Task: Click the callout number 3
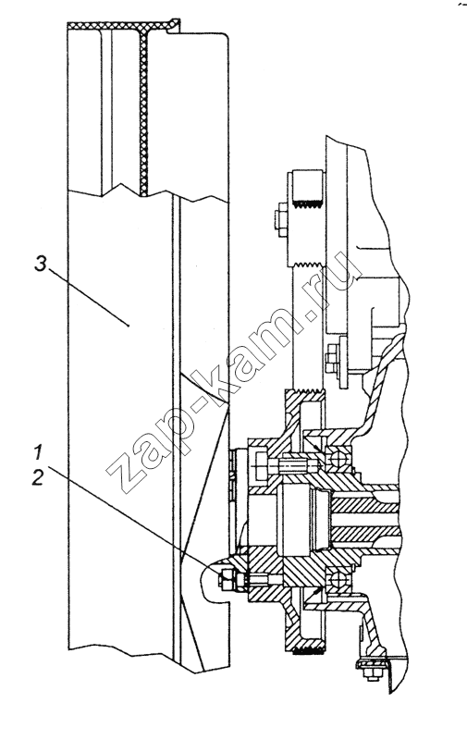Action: pos(42,265)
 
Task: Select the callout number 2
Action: pos(38,478)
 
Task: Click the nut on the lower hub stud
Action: pos(226,579)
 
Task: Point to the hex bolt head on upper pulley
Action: pos(279,219)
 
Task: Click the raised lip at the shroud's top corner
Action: pos(175,25)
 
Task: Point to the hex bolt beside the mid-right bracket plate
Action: pos(332,354)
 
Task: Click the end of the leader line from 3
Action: pos(129,326)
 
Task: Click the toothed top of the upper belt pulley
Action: pos(307,204)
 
